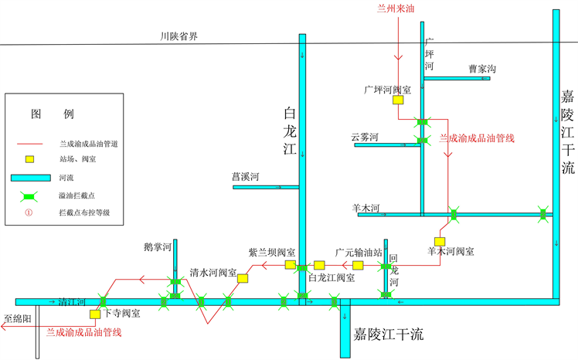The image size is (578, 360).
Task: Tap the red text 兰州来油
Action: pyautogui.click(x=396, y=8)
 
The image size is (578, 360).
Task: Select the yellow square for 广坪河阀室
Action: pyautogui.click(x=397, y=100)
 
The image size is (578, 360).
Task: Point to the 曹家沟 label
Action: pyautogui.click(x=482, y=69)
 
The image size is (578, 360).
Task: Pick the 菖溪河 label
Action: pyautogui.click(x=246, y=177)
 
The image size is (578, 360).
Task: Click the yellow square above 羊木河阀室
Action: pyautogui.click(x=439, y=241)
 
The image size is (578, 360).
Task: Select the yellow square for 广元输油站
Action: pyautogui.click(x=358, y=265)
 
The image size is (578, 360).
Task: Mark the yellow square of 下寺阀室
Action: pyautogui.click(x=94, y=314)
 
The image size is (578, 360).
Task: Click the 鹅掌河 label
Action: pyautogui.click(x=157, y=246)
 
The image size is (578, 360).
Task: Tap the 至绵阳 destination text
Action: pyautogui.click(x=15, y=318)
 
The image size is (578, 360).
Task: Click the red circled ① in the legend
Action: pyautogui.click(x=29, y=212)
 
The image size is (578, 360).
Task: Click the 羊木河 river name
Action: pyautogui.click(x=365, y=207)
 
